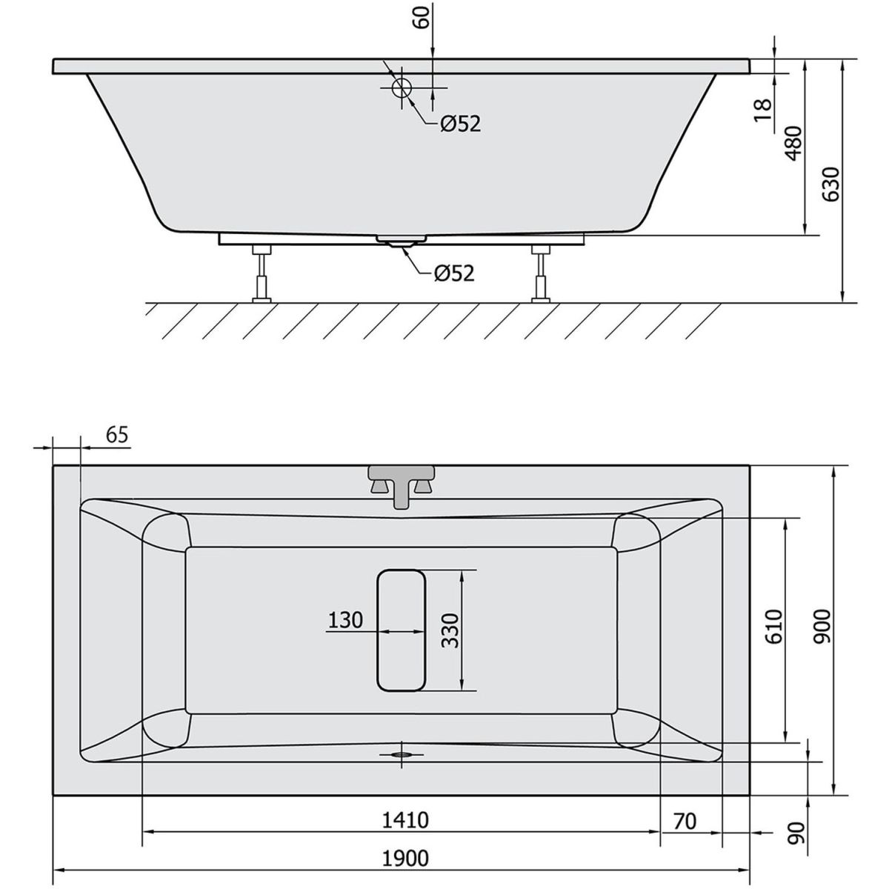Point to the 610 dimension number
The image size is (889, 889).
[774, 627]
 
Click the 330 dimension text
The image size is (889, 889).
[450, 630]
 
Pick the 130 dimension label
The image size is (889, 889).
[345, 621]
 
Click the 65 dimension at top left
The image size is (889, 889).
[117, 435]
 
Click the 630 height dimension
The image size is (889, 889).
[830, 184]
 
